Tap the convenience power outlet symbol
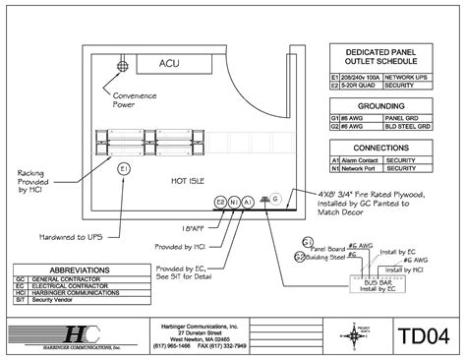click(x=124, y=66)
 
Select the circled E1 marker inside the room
click(x=124, y=169)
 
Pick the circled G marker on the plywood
click(x=276, y=200)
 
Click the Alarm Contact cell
click(x=360, y=158)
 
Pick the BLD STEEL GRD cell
click(x=404, y=125)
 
